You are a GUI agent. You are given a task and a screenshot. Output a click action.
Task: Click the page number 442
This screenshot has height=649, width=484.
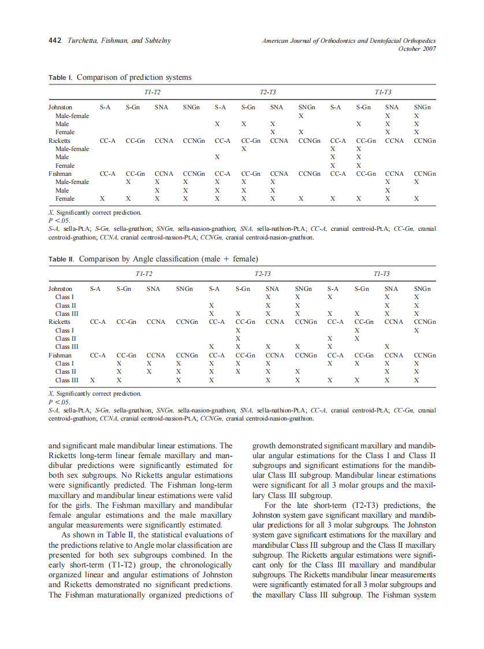click(x=55, y=41)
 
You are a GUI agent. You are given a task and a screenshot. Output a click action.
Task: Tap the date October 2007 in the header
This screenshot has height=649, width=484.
click(x=416, y=49)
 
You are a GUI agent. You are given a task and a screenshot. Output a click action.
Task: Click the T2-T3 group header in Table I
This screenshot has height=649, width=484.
click(x=267, y=93)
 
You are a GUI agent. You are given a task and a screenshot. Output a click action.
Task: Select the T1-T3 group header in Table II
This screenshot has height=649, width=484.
click(x=382, y=274)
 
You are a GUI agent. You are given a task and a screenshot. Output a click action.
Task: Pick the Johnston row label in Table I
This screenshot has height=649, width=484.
click(x=60, y=108)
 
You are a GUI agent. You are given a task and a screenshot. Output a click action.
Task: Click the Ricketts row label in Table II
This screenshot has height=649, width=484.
click(x=59, y=322)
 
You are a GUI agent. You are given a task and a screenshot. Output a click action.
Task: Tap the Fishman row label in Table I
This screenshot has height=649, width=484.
click(x=59, y=174)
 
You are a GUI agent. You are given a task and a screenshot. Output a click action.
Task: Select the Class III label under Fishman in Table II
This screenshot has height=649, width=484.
click(x=66, y=380)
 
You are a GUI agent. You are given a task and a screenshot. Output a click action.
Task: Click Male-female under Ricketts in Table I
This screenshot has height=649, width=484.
click(x=72, y=149)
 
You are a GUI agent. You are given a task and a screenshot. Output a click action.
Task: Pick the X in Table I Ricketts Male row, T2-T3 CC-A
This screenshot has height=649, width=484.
click(x=217, y=157)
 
